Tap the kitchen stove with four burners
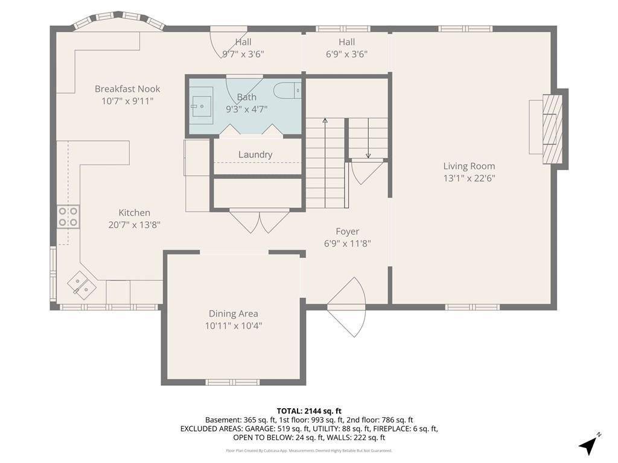click(x=68, y=217)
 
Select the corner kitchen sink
click(x=82, y=285)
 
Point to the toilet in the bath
click(x=287, y=91)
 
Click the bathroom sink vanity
click(x=202, y=102)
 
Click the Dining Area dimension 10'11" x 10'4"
click(x=234, y=326)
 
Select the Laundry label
click(x=255, y=155)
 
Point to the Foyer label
click(x=347, y=231)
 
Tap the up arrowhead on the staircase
click(x=325, y=121)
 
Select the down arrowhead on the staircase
click(x=368, y=156)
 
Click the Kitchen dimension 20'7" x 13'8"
click(x=135, y=225)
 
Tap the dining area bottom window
click(x=232, y=382)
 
